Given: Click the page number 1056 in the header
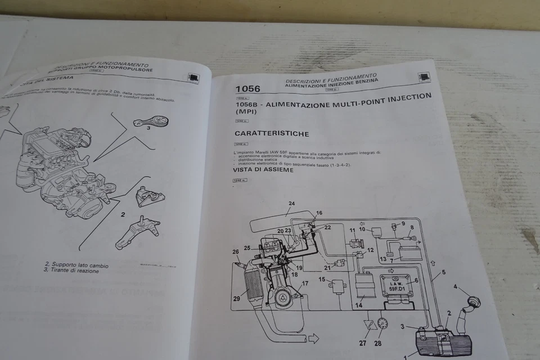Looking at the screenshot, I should click(248, 89).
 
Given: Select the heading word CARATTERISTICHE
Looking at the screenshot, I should click(272, 134).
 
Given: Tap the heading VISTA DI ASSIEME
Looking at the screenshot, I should click(263, 169).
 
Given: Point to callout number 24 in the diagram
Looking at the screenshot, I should click(291, 203).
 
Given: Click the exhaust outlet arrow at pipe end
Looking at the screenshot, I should click(313, 338).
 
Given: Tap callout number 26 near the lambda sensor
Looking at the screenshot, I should click(236, 251).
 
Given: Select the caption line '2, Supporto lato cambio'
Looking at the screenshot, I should click(76, 264).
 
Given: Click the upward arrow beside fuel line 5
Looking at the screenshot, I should click(432, 263).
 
